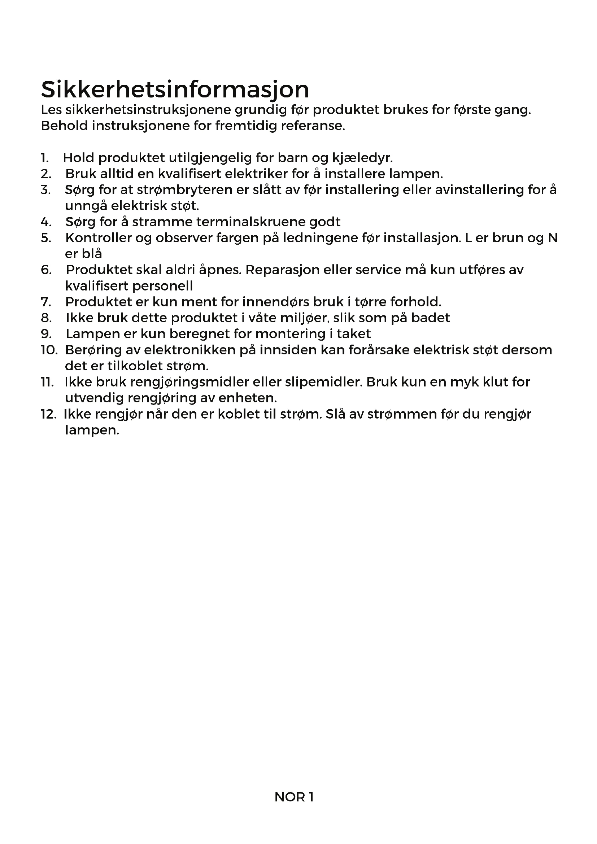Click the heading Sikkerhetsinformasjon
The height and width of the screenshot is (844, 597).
click(175, 89)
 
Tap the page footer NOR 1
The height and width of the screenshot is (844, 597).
click(294, 797)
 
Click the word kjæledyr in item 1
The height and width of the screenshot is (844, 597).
click(362, 158)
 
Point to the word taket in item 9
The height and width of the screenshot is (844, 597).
click(354, 334)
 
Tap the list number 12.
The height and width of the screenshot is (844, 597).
click(48, 414)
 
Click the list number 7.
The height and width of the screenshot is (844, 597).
click(46, 302)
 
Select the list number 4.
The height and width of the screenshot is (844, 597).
click(46, 222)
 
